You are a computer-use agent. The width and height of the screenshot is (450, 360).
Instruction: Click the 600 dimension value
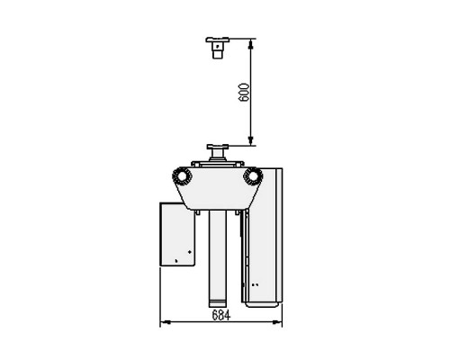point(245,93)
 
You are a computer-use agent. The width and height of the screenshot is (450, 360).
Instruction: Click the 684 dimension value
point(221,315)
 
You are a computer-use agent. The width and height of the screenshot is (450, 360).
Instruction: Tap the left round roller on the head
point(182,176)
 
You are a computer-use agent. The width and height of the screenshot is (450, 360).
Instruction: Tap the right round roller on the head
point(253,176)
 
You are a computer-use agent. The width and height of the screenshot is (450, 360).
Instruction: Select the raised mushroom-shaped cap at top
point(218,48)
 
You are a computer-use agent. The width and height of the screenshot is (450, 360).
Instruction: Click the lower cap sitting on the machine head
point(218,153)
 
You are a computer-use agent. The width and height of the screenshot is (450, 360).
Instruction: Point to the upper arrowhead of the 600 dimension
point(251,44)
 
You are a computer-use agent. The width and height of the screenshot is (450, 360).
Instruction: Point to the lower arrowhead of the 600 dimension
point(251,140)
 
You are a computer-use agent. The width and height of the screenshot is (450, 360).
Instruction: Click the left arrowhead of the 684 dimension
point(166,322)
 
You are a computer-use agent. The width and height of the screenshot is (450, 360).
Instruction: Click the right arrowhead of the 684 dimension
point(277,322)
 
